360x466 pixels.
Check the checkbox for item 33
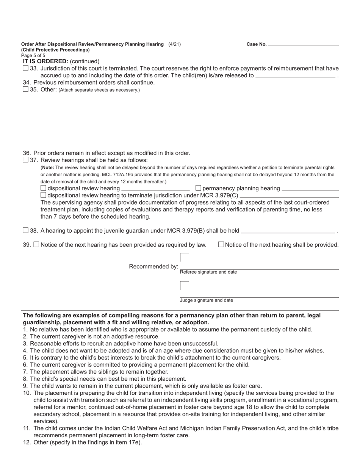point(25,68)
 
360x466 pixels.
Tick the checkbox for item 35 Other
point(25,89)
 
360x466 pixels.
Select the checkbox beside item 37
point(25,160)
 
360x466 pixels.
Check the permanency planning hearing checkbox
point(198,188)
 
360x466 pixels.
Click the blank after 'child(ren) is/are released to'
point(296,75)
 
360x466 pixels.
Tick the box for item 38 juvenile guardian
point(25,230)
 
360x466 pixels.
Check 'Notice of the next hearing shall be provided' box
point(221,245)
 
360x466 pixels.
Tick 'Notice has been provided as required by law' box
point(36,245)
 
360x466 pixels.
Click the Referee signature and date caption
point(208,272)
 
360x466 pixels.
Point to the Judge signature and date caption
point(207,300)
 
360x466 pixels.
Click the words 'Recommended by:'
point(153,267)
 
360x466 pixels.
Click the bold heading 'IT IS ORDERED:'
point(45,61)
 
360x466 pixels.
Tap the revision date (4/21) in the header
point(175,44)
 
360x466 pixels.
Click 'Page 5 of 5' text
point(33,55)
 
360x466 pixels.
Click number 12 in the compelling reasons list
point(27,442)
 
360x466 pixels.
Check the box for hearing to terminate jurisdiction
point(43,195)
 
